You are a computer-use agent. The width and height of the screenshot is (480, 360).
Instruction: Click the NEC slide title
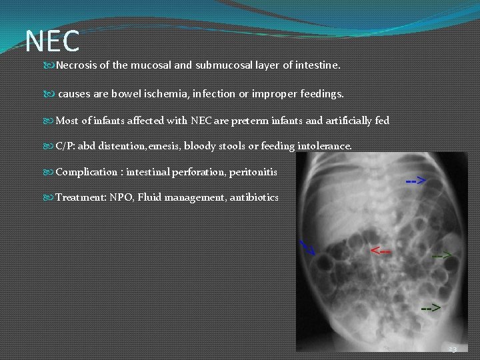point(52,41)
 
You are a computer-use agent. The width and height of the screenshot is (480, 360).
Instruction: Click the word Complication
point(86,172)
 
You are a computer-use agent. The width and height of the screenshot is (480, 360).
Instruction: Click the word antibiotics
point(254,197)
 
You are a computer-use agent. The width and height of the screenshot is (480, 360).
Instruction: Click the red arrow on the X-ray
point(381,250)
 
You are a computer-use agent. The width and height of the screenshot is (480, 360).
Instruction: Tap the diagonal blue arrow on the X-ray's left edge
point(307,247)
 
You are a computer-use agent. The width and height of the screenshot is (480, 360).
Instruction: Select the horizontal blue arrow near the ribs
point(417,181)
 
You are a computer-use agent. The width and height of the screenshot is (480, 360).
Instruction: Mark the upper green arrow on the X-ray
point(441,255)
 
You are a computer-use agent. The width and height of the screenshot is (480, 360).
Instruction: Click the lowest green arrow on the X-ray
point(430,308)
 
